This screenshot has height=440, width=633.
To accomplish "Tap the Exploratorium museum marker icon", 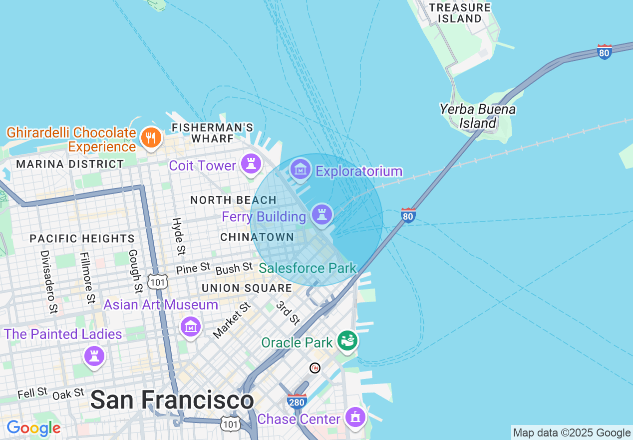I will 301,169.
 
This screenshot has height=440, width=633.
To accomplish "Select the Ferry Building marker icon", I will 322,214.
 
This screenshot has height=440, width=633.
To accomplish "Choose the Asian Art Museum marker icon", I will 190,327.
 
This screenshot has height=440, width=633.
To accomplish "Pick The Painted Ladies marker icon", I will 94,356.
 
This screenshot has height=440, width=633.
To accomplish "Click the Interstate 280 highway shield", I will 297,401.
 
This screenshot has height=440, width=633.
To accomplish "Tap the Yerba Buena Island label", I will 478,116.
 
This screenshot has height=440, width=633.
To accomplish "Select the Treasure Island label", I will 460,13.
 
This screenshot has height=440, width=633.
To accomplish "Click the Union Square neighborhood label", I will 247,288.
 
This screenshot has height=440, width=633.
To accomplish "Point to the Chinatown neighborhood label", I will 257,237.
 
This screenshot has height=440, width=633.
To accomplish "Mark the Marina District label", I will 70,164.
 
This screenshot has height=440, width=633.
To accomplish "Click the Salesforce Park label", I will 308,268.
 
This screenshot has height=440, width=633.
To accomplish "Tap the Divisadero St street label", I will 48,282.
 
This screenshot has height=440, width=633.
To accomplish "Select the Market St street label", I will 231,320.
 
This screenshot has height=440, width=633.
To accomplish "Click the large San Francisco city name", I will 172,400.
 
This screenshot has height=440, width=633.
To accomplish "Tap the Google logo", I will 33,428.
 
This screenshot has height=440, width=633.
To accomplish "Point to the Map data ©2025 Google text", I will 572,433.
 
